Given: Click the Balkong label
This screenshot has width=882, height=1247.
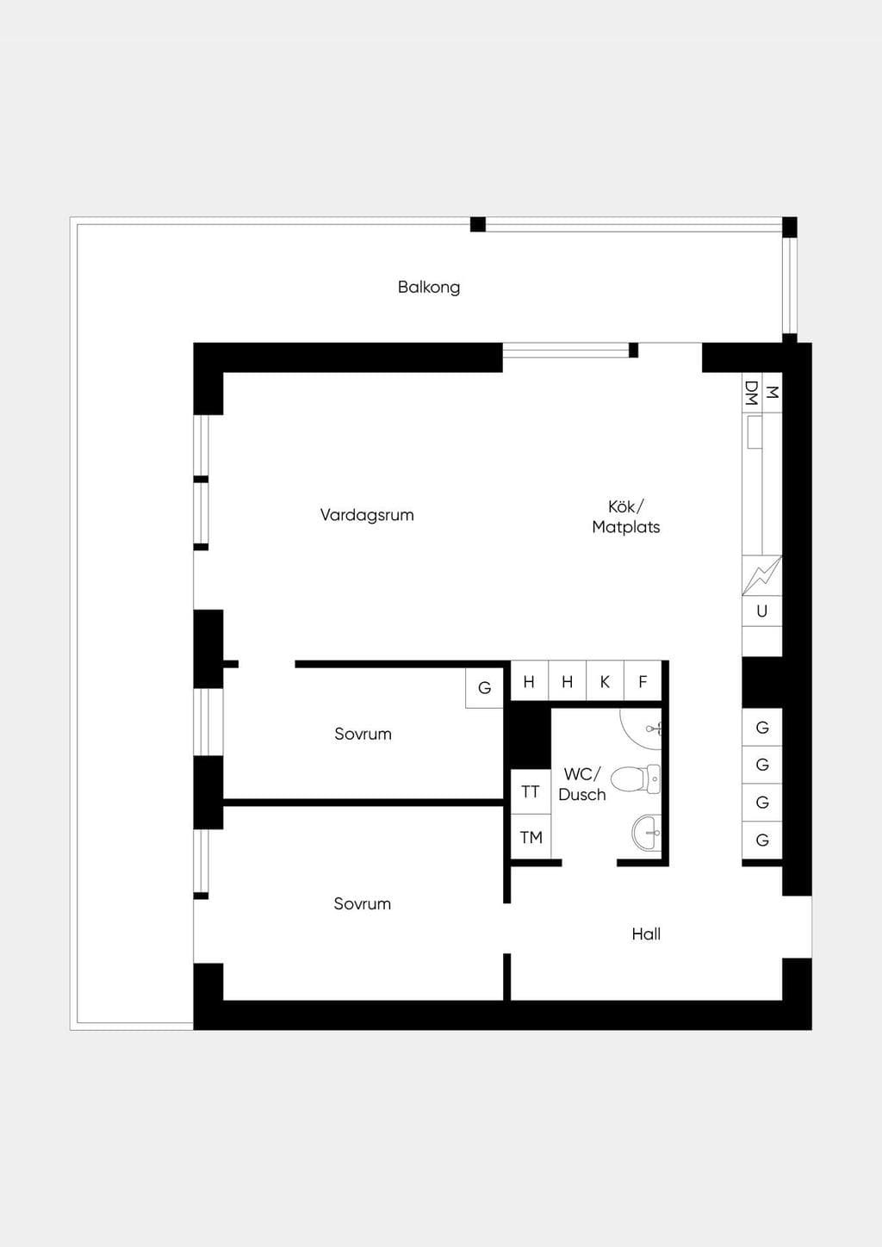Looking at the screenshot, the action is point(429,288).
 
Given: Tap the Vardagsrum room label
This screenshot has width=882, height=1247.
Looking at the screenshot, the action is point(367,515).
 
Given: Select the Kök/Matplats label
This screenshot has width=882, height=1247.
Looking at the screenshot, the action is point(626,518).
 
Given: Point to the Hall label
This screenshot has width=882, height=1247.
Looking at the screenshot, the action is point(646,934).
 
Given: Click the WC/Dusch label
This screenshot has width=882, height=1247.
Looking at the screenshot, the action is point(582,785).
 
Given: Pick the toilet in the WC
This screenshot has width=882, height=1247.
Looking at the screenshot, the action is point(636,779).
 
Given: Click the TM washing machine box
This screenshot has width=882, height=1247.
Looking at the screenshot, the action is point(531,837).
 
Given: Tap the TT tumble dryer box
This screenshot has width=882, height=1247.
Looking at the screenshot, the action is point(531,791).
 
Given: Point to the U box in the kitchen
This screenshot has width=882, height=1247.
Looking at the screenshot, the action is point(761,611).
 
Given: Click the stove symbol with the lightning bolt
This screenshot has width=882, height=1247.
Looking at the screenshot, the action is point(761,575).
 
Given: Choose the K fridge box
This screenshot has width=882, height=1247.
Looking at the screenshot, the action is point(605,681).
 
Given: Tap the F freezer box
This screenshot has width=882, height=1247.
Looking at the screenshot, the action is point(643,681).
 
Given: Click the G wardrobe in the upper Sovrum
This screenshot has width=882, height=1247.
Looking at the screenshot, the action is point(484,688).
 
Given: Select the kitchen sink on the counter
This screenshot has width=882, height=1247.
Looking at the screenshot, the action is point(755,432).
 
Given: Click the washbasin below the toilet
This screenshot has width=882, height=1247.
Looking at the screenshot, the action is point(647,833).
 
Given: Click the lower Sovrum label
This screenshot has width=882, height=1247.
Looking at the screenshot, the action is point(362,903).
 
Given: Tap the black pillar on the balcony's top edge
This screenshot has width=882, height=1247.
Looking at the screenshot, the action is point(478,225).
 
